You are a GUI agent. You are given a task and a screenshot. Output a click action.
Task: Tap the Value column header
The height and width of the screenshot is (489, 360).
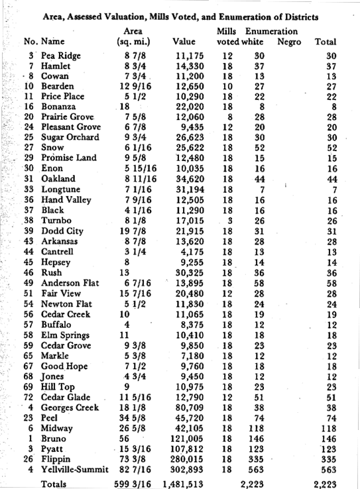[x=184, y=42]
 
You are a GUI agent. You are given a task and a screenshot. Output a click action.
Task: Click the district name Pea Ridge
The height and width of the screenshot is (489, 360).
[x=61, y=56]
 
